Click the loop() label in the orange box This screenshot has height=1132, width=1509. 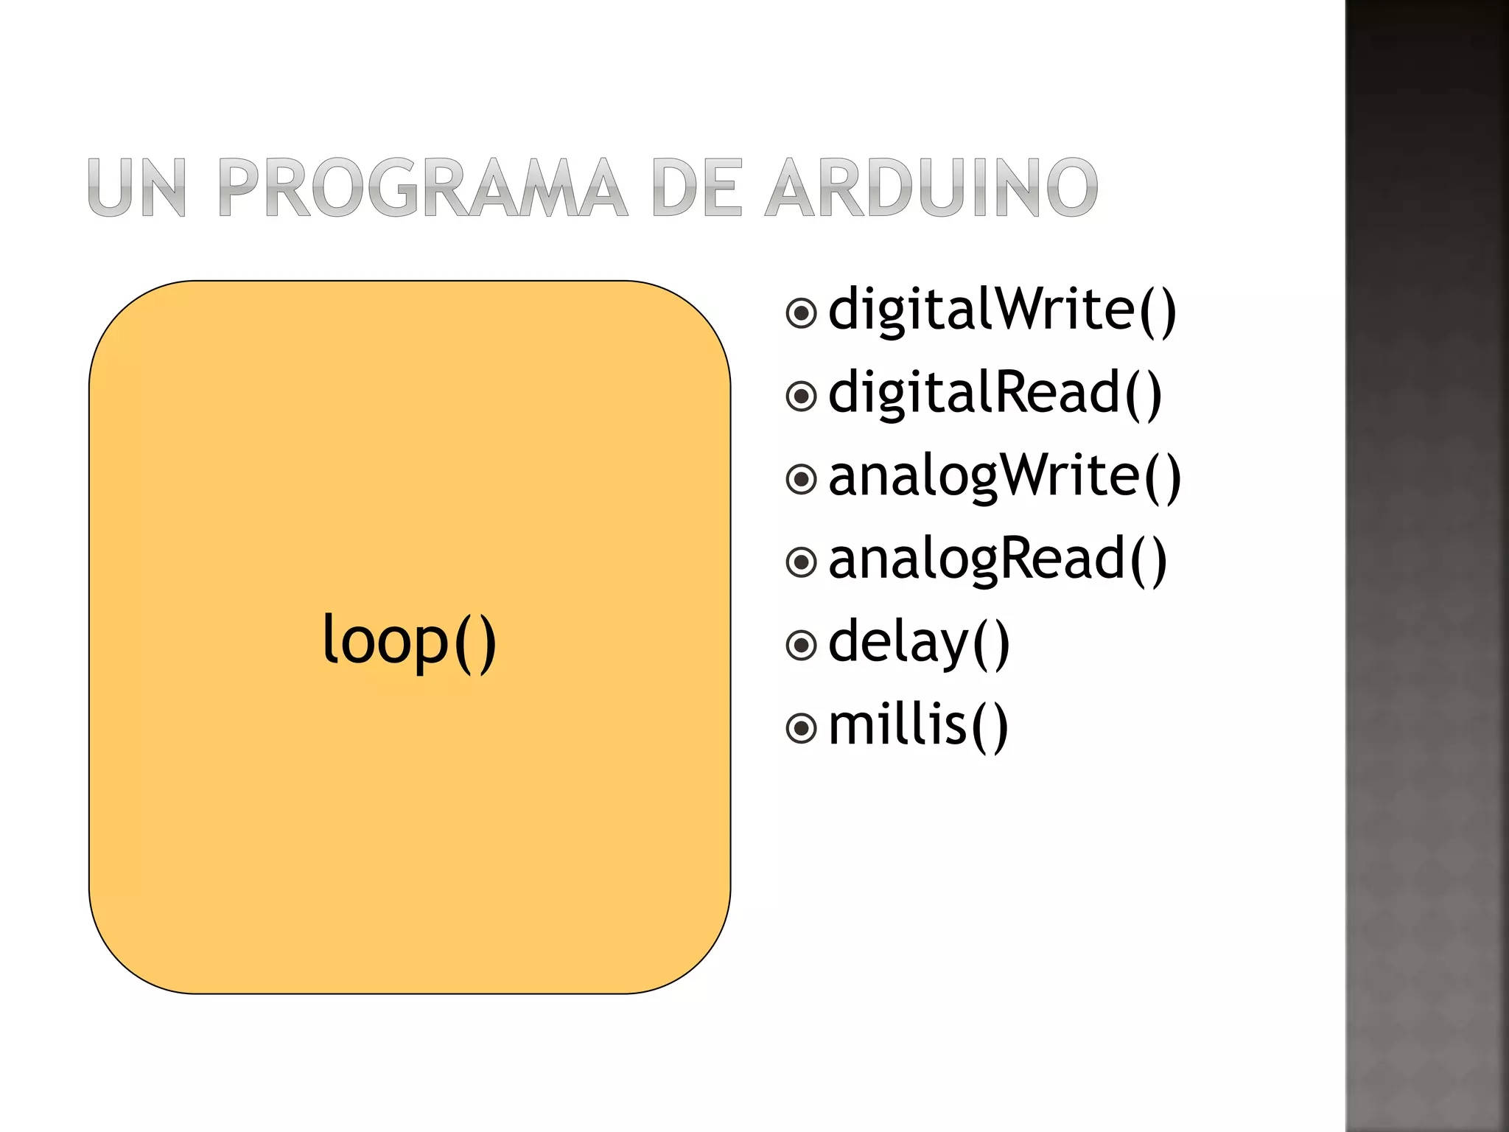pyautogui.click(x=409, y=641)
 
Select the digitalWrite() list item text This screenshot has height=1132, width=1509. pyautogui.click(x=1002, y=310)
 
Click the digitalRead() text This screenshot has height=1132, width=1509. pyautogui.click(x=995, y=394)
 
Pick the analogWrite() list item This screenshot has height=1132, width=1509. pyautogui.click(x=1004, y=477)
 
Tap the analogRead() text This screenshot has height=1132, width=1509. pyautogui.click(x=998, y=560)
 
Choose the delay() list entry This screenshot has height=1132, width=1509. pyautogui.click(x=919, y=643)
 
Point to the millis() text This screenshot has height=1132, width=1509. pyautogui.click(x=918, y=727)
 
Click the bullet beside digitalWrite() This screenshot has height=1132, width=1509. pyautogui.click(x=801, y=313)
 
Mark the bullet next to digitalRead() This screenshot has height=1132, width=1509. pyautogui.click(x=801, y=396)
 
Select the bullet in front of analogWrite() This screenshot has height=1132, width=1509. pyautogui.click(x=801, y=480)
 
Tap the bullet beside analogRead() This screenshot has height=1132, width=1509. pyautogui.click(x=801, y=563)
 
